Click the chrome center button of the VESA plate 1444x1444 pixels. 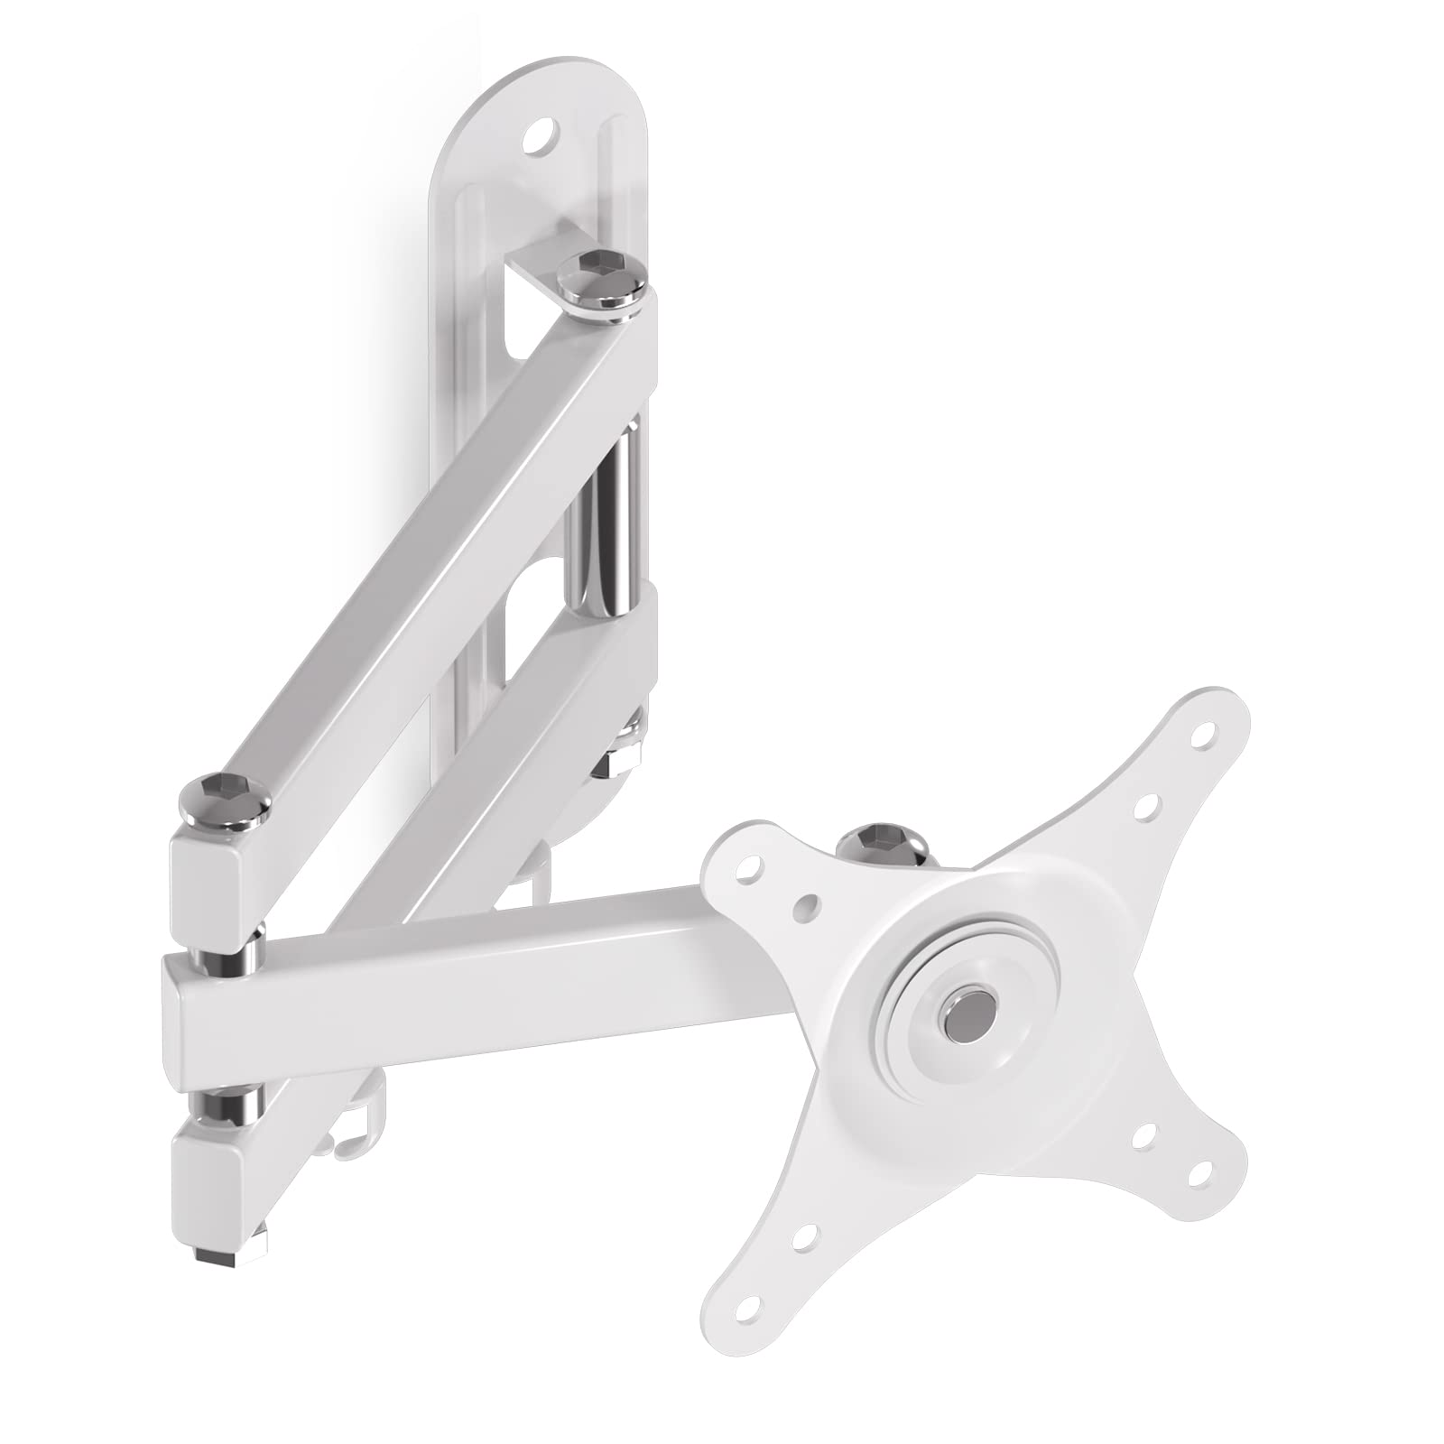click(x=966, y=1008)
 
